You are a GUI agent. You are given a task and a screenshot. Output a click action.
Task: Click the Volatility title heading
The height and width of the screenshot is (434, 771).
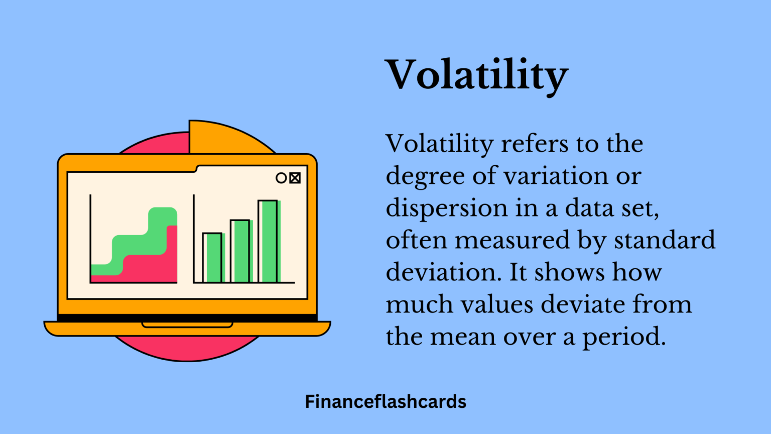point(476,75)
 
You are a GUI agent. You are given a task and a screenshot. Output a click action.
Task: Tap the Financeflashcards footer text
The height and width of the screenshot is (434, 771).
point(385,402)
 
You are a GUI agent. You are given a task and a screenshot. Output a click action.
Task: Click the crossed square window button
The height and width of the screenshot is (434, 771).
point(295,178)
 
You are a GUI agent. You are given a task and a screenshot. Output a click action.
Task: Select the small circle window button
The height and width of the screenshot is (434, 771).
point(281,178)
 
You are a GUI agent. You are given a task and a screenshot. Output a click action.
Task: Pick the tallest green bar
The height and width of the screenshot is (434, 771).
point(269,241)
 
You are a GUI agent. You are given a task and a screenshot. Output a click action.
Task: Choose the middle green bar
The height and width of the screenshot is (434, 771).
point(240,251)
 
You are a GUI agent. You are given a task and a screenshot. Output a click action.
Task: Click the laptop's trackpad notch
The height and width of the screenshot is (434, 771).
point(187,324)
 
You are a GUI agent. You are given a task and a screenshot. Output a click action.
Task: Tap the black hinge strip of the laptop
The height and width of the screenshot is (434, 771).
point(187,318)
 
